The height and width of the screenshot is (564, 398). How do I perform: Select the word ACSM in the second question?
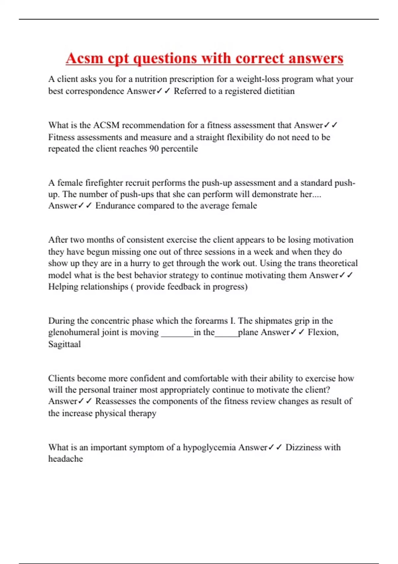click(106, 125)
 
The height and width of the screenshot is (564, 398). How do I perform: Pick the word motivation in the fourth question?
click(333, 240)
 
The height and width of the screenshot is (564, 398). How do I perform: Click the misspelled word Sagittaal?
click(64, 344)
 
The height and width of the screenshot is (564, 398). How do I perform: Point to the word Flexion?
click(322, 332)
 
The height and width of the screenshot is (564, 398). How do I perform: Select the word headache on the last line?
click(65, 459)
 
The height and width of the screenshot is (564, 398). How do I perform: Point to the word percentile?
click(179, 148)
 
